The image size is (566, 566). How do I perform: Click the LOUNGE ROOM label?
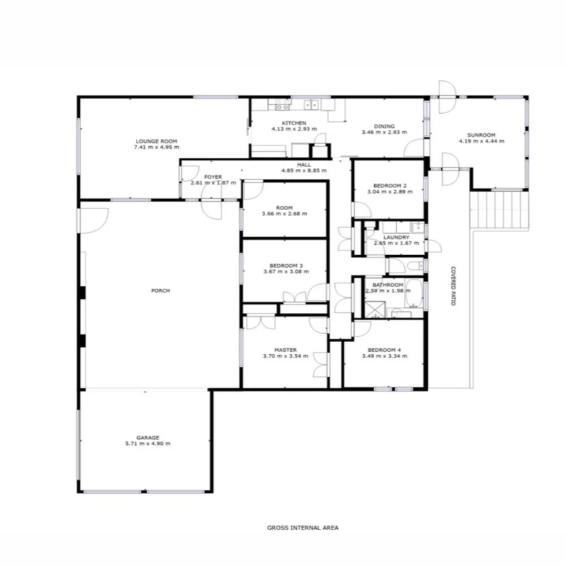(156, 141)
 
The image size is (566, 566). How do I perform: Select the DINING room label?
(384, 126)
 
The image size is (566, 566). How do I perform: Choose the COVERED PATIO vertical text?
(452, 286)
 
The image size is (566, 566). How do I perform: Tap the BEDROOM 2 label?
(390, 186)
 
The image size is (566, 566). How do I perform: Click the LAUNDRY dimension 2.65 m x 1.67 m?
(396, 243)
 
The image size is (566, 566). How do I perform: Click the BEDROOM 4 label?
(384, 350)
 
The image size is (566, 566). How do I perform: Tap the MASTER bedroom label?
(286, 350)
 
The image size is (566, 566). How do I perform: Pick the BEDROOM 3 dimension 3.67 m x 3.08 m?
(286, 271)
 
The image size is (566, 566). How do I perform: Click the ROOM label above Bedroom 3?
(286, 207)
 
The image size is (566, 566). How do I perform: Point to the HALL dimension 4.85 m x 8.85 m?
(304, 171)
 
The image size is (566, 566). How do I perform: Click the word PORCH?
(160, 290)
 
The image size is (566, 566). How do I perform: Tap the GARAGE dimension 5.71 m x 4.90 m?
(148, 443)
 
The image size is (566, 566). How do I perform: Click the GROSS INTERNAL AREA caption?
(302, 528)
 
